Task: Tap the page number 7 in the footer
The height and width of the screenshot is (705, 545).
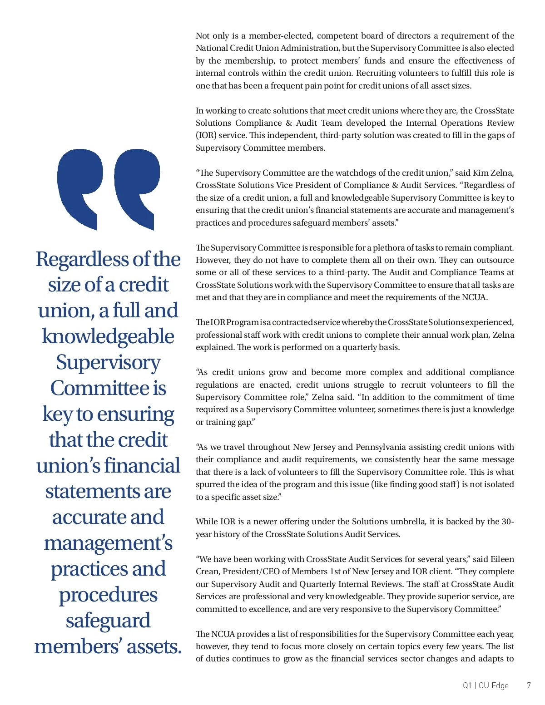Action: tap(529, 685)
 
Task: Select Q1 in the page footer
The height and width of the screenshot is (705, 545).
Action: tap(467, 685)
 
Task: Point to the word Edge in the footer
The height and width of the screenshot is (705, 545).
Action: tap(500, 685)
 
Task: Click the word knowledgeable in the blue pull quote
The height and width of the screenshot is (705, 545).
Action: tap(108, 336)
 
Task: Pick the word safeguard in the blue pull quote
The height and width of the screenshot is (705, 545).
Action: tap(108, 621)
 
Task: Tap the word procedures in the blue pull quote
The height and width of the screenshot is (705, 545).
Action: tap(108, 595)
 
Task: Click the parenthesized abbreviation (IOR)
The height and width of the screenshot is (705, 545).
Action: tap(206, 135)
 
